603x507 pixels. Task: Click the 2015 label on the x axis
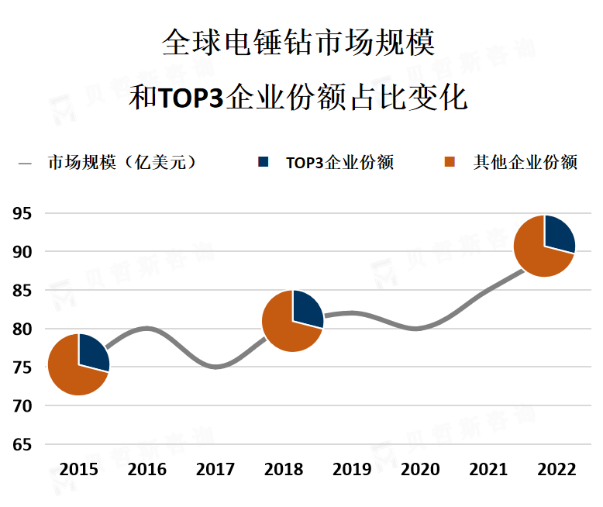(x=78, y=469)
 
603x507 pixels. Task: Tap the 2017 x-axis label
(x=215, y=469)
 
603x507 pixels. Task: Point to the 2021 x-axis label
(x=488, y=469)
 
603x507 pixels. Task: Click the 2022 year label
(x=556, y=469)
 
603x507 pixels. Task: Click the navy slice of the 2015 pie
(x=92, y=352)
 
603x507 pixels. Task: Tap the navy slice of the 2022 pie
(x=558, y=233)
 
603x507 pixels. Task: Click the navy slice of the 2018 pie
(x=306, y=309)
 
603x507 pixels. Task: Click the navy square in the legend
(x=264, y=162)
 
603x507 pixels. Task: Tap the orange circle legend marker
(x=449, y=162)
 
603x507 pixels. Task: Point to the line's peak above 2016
(x=147, y=328)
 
